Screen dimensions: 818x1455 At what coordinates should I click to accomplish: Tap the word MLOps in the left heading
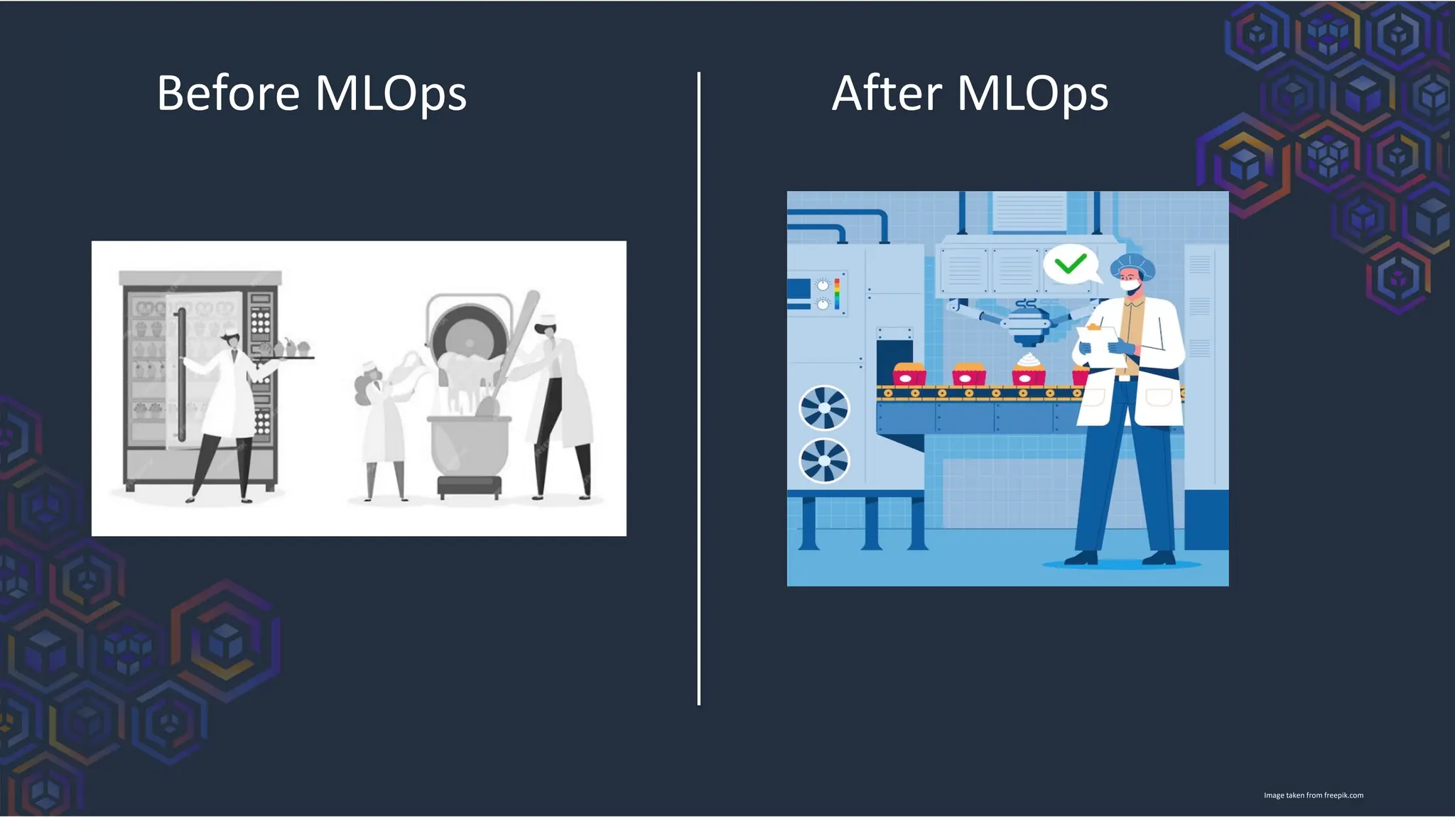(x=390, y=94)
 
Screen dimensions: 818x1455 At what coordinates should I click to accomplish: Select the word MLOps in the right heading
(x=1032, y=94)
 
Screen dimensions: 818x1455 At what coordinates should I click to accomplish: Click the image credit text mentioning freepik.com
(x=1313, y=795)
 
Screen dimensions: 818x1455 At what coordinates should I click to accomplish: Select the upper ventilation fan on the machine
(x=824, y=408)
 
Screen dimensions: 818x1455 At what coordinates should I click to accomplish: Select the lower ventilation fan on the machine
(x=824, y=460)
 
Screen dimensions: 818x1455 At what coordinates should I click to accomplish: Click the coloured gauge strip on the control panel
(x=837, y=293)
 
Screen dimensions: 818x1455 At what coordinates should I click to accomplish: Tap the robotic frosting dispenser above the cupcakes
(x=1025, y=323)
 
